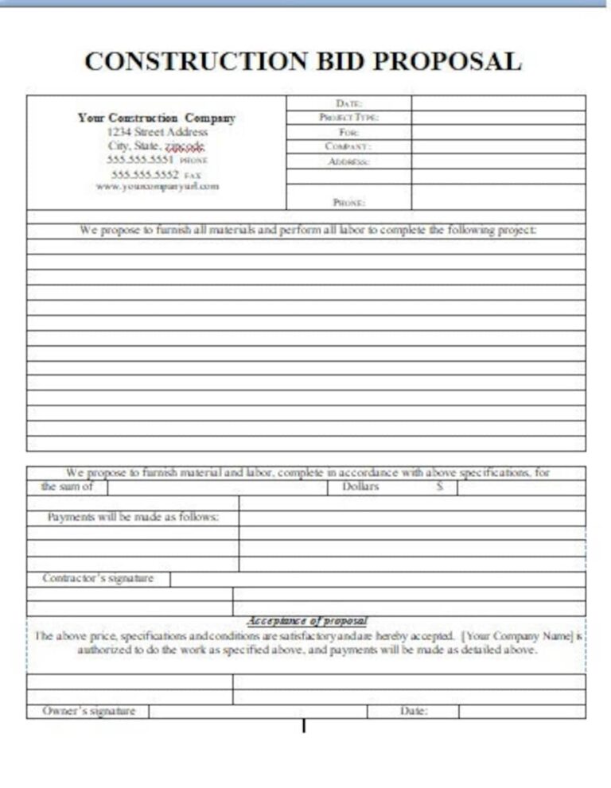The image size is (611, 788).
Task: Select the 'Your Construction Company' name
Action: coord(157,118)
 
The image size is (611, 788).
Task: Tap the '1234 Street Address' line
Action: coord(157,132)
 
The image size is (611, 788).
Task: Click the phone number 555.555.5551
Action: coord(140,159)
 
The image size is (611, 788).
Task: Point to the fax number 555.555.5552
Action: coord(145,173)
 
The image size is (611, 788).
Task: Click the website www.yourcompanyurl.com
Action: coord(157,186)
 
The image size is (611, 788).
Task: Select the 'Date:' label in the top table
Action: coord(349,103)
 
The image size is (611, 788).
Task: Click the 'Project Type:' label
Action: coord(349,118)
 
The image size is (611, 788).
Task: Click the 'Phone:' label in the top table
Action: coord(349,203)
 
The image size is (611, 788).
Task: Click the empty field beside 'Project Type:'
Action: coord(498,118)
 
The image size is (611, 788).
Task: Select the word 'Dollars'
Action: coord(360,487)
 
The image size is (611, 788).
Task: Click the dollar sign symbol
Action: coord(439,487)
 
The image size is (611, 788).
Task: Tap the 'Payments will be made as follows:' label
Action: coord(133,517)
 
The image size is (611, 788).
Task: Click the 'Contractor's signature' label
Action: coord(98,578)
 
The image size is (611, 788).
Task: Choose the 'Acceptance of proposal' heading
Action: coord(307,620)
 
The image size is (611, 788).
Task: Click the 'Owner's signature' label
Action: coord(88,711)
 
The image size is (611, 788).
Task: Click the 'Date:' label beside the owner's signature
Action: coord(413,711)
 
